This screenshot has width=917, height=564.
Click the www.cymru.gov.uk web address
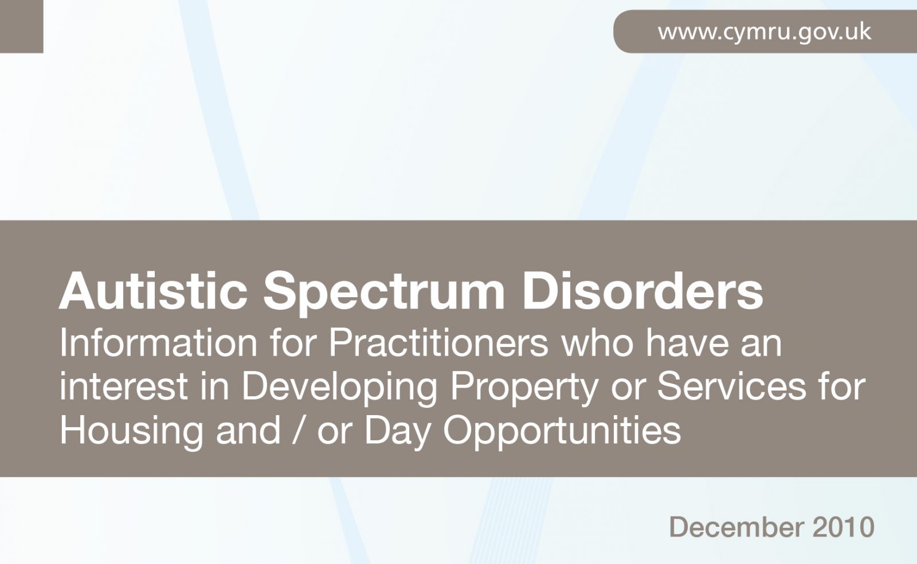pyautogui.click(x=765, y=32)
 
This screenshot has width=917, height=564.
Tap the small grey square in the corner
pyautogui.click(x=21, y=26)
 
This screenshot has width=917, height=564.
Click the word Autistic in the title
pyautogui.click(x=153, y=291)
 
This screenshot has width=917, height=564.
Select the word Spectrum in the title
pyautogui.click(x=384, y=293)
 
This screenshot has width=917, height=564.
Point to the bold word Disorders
pyautogui.click(x=642, y=291)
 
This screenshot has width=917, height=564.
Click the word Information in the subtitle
pyautogui.click(x=158, y=343)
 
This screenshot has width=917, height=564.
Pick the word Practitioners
pyautogui.click(x=438, y=343)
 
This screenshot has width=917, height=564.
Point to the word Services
pyautogui.click(x=731, y=386)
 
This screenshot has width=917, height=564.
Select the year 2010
pyautogui.click(x=844, y=527)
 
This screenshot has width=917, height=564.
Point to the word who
pyautogui.click(x=597, y=343)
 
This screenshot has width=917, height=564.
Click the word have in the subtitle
pyautogui.click(x=687, y=343)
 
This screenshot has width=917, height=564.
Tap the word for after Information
pyautogui.click(x=293, y=343)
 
